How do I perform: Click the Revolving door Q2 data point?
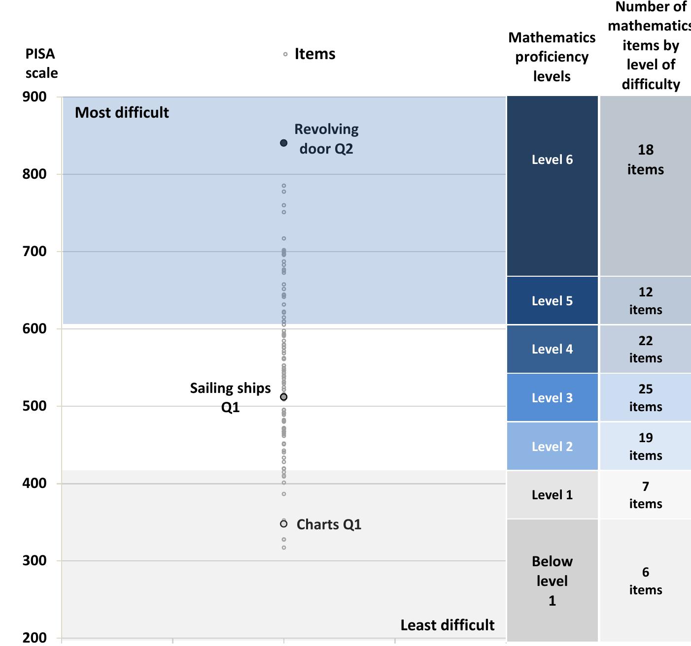[x=283, y=143]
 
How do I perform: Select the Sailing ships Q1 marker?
[x=283, y=397]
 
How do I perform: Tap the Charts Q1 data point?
[x=283, y=524]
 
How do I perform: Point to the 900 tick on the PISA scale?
[x=35, y=97]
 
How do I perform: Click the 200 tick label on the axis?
[x=35, y=638]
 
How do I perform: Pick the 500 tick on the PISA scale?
[x=35, y=406]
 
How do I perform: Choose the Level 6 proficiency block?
[x=552, y=186]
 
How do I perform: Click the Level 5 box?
[x=552, y=300]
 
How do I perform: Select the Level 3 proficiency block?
[x=552, y=397]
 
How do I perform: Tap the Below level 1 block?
[x=552, y=580]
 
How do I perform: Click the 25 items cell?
[x=645, y=397]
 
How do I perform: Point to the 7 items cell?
[x=645, y=494]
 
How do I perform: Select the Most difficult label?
[x=122, y=113]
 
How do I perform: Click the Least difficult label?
[x=447, y=625]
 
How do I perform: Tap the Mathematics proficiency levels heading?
[x=552, y=57]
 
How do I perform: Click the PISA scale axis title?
[x=41, y=63]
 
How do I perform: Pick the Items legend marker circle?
[x=285, y=54]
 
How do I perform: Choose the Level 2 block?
[x=552, y=446]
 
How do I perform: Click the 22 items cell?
[x=645, y=349]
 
